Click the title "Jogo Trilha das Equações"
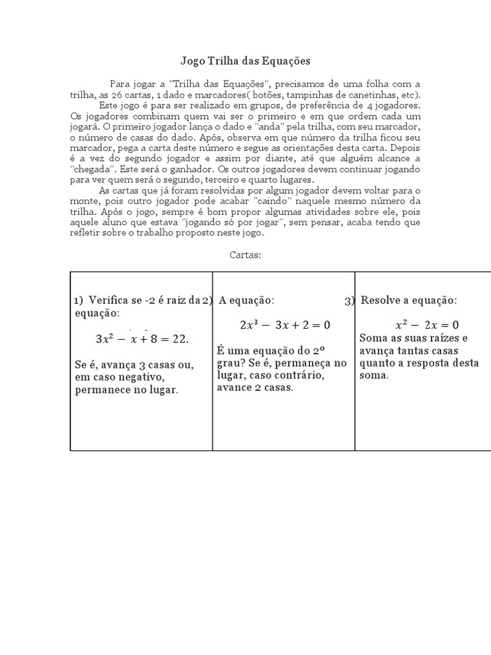click(245, 61)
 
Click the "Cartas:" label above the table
click(245, 255)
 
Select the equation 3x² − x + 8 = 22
click(142, 338)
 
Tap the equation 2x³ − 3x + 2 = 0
click(284, 325)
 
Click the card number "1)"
click(79, 301)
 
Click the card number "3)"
click(349, 301)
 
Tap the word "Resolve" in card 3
click(382, 300)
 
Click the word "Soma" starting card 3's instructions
click(373, 338)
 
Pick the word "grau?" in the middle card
click(232, 363)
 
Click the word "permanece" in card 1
click(100, 389)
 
